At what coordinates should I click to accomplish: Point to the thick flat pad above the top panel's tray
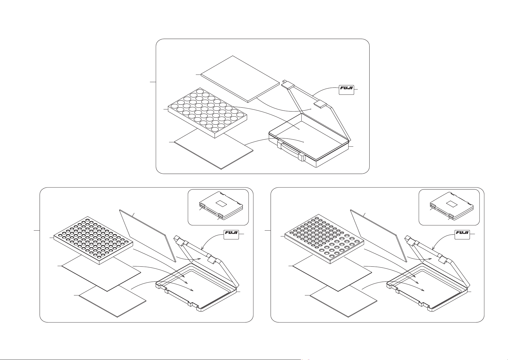coord(240,79)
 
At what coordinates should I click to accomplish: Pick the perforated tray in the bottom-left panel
coord(93,241)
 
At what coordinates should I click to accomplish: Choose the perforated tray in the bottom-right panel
coord(324,241)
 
